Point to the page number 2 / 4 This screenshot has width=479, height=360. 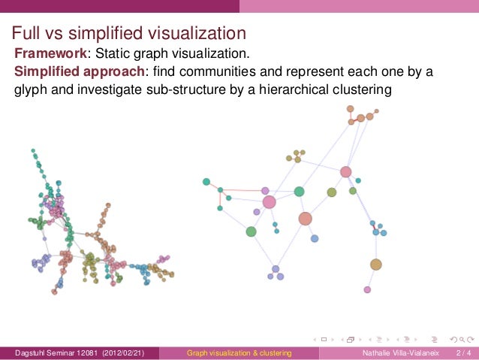(462, 352)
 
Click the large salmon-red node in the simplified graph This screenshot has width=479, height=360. (305, 219)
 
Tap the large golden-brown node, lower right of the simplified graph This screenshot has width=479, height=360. (376, 265)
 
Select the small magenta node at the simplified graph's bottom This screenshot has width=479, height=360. (367, 289)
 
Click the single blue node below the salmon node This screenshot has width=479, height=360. (315, 238)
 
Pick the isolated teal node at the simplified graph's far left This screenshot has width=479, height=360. (206, 181)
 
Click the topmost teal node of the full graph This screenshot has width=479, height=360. (33, 151)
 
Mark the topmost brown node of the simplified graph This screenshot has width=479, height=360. (351, 109)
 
